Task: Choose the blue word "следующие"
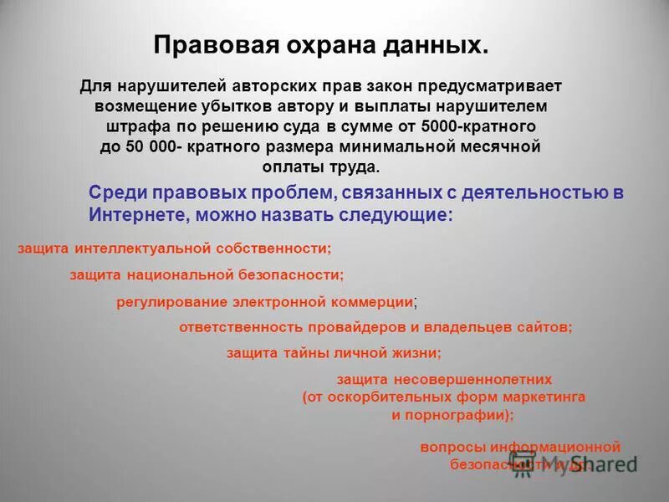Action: [403, 213]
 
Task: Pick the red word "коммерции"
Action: [372, 302]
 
